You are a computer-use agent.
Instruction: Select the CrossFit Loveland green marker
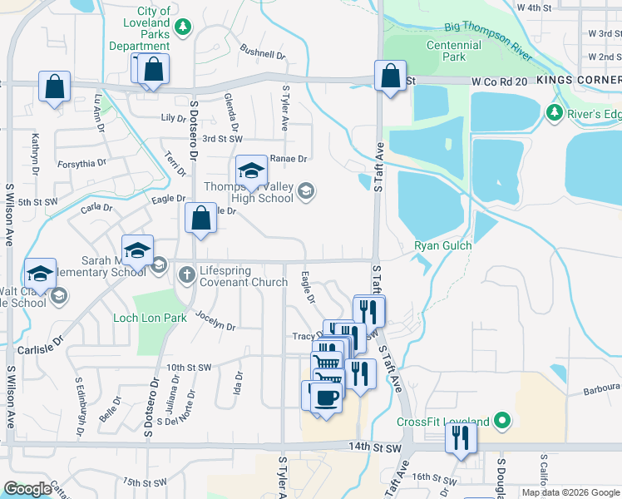(501, 422)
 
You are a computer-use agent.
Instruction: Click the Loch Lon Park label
(151, 318)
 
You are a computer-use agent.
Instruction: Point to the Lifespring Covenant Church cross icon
(186, 274)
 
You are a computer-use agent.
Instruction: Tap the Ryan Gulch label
(443, 245)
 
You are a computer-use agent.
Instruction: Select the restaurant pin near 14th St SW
(461, 437)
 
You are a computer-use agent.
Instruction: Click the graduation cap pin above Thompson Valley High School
(251, 171)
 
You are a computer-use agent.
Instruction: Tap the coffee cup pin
(326, 396)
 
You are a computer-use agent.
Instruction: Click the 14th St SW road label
(375, 447)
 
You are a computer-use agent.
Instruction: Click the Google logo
(28, 490)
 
